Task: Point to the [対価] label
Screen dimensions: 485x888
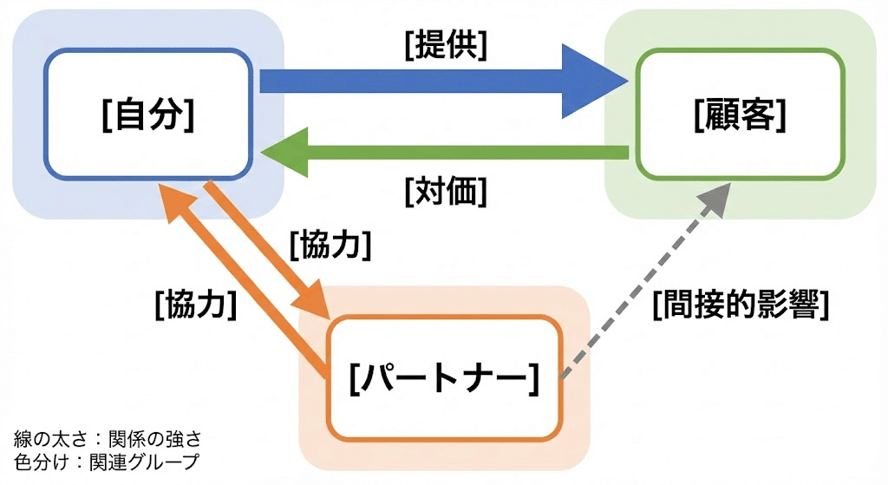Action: click(x=445, y=190)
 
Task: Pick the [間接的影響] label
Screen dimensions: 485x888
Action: click(x=741, y=305)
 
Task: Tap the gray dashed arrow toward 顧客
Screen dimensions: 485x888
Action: click(x=642, y=286)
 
